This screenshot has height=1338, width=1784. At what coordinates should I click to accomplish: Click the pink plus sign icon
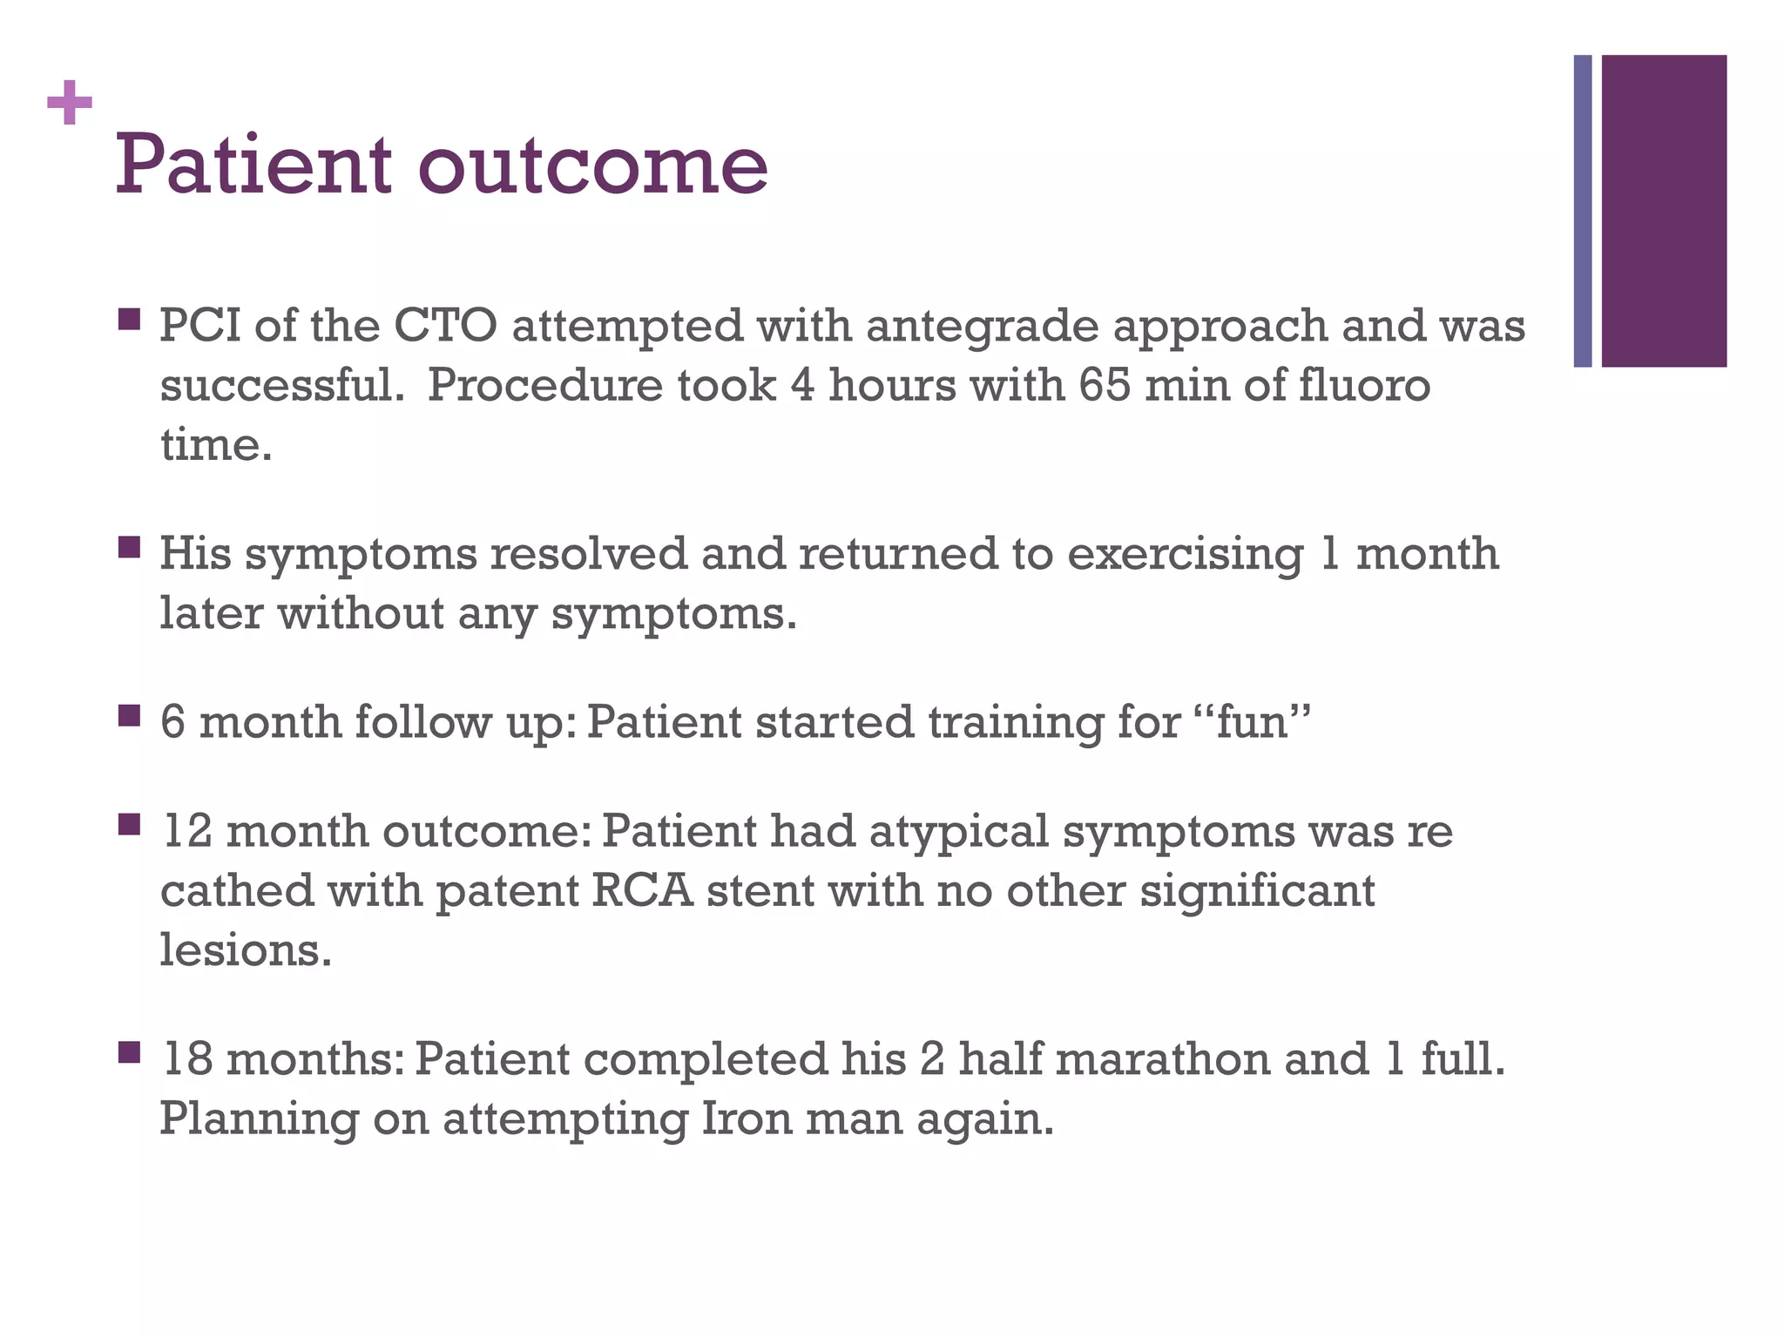pos(70,103)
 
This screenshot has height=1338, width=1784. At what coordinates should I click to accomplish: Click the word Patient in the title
pos(253,165)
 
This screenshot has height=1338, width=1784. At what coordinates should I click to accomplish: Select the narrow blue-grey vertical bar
pos(1582,211)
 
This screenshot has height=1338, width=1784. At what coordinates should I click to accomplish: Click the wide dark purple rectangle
pos(1664,211)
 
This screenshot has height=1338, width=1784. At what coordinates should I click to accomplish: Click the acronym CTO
pos(445,326)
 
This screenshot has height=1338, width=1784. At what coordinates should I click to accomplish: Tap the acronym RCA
pos(643,891)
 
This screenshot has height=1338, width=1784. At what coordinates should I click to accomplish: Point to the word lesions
pos(246,949)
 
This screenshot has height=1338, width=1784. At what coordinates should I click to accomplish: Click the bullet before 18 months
pos(129,1052)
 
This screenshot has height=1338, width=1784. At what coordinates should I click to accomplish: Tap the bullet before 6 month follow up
pos(129,716)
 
